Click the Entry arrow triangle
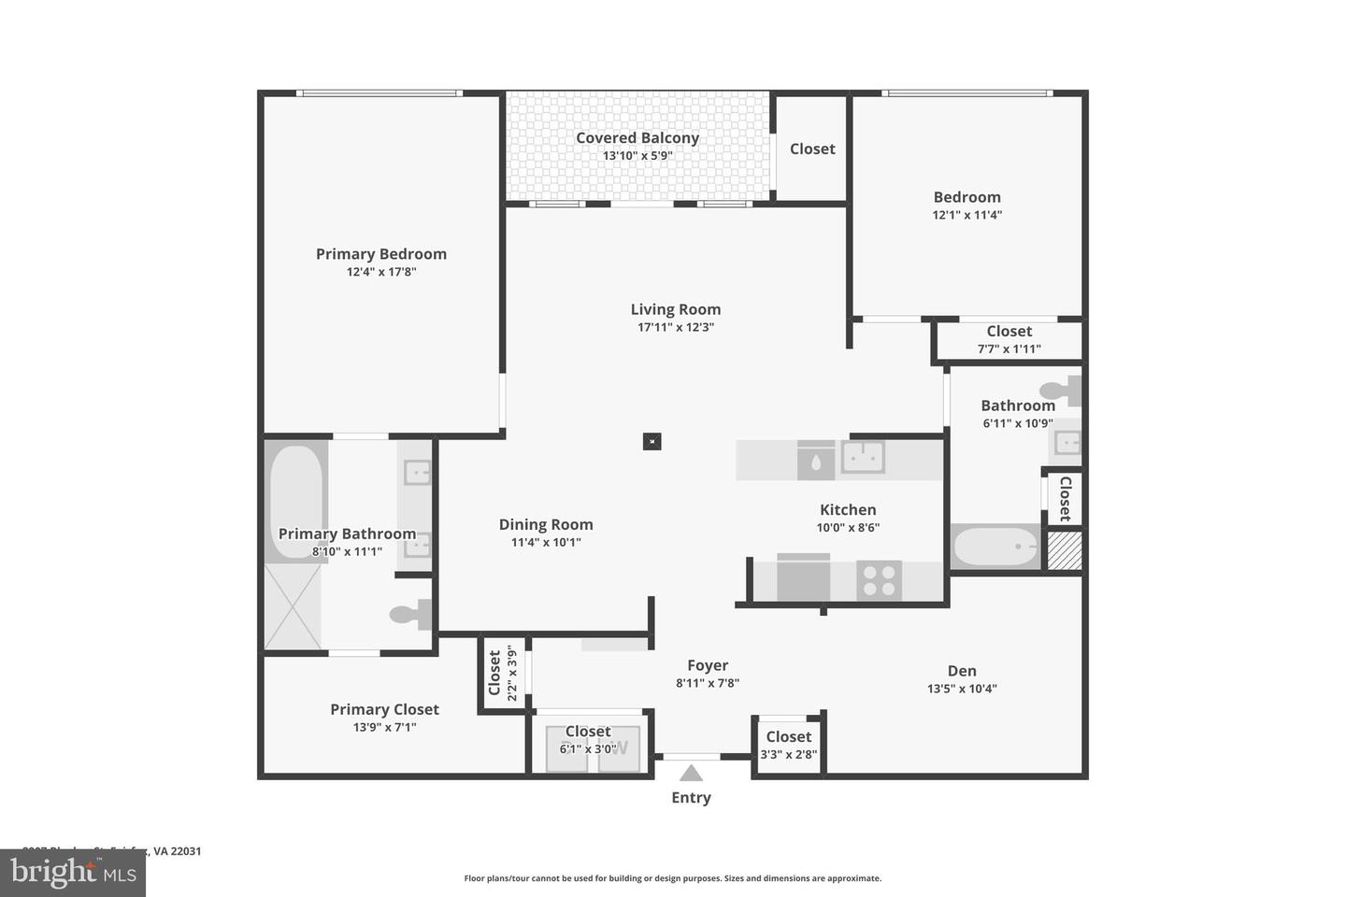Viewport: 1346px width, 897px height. tap(691, 773)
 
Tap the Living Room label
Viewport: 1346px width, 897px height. tap(675, 309)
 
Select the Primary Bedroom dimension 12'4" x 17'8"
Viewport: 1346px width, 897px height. tap(381, 272)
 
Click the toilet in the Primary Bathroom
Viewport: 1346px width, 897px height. tap(408, 614)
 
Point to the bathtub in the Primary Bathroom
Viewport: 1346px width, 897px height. tap(297, 500)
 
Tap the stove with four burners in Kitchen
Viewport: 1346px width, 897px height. tap(879, 580)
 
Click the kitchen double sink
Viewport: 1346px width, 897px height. tap(863, 458)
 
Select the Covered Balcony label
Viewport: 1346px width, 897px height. tap(637, 138)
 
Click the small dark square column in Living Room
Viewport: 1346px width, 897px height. tap(652, 441)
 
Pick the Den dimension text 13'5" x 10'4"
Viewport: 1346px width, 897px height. tap(962, 689)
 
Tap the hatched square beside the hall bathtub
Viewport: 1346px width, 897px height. tap(1064, 550)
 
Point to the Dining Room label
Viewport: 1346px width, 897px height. tap(546, 525)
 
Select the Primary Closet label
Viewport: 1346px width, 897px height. tap(384, 709)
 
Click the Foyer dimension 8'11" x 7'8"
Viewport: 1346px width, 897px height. tap(708, 683)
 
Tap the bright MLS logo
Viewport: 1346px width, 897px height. tap(72, 873)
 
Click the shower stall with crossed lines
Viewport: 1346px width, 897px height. tap(293, 606)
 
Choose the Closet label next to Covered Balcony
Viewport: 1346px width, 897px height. tap(812, 149)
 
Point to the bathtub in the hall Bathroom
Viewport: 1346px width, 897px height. tap(995, 547)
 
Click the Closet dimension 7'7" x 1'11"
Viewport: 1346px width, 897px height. tap(1009, 349)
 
